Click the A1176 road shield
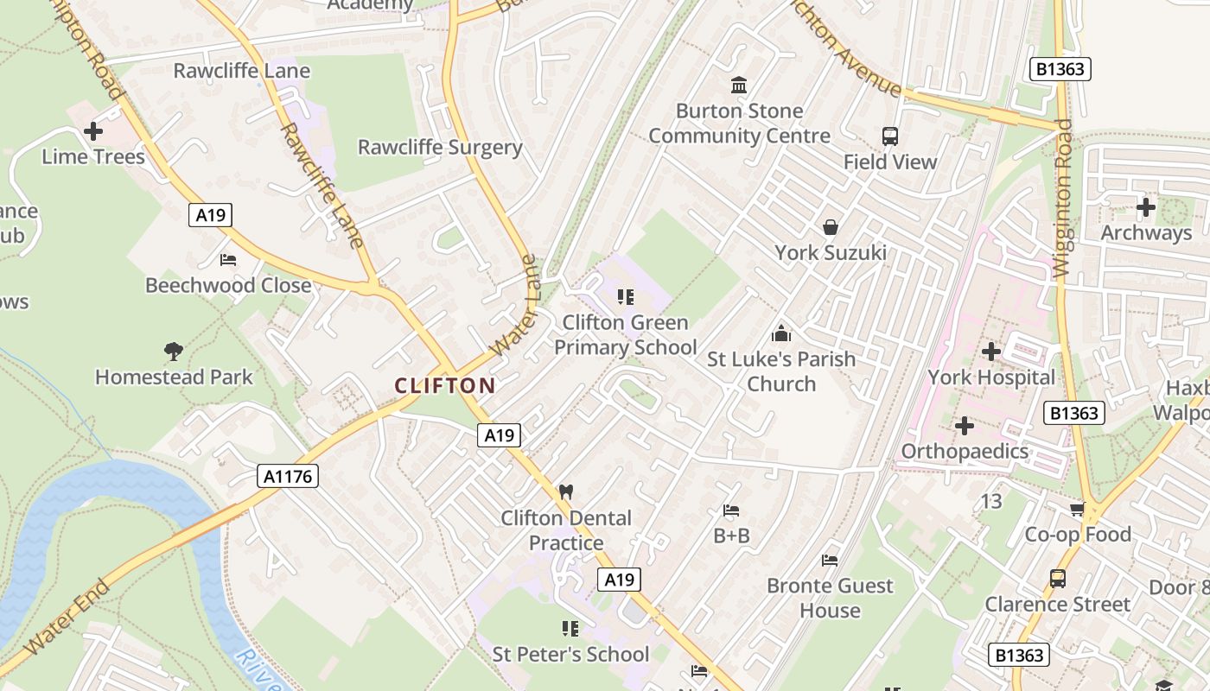289,476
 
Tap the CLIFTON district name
445,386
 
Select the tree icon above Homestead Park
174,351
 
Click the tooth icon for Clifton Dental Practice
566,492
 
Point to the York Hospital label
991,377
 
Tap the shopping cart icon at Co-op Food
1077,510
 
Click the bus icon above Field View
890,136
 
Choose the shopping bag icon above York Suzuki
831,227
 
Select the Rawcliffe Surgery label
440,147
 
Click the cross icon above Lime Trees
93,131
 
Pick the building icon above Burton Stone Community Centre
739,85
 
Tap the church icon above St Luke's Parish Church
781,333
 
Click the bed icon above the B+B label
731,510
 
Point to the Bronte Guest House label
830,598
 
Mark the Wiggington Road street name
1062,198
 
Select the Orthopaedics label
965,451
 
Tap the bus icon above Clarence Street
1058,579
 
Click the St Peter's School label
570,654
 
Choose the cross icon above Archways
1146,207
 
